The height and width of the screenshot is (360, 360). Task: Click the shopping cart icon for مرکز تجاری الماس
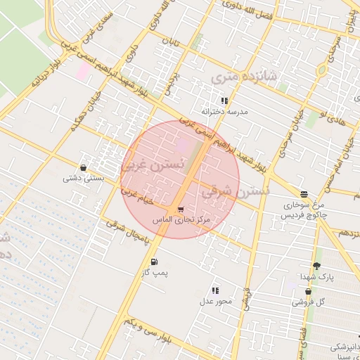(x=181, y=210)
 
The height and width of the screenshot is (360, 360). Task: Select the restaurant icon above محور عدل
(x=215, y=290)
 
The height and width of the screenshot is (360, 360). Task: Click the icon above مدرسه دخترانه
(x=224, y=101)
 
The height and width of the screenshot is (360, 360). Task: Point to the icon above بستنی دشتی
(x=84, y=168)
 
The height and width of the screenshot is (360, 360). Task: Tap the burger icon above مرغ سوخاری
(x=304, y=194)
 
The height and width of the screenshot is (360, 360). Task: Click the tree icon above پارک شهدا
(x=316, y=266)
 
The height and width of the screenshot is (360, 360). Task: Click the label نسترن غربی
(x=153, y=165)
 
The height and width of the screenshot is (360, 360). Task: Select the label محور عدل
(x=215, y=301)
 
